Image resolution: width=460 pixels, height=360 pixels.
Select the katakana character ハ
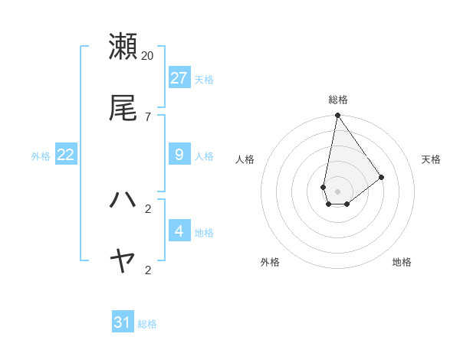[x=123, y=200]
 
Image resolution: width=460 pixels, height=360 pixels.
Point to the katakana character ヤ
[x=123, y=262]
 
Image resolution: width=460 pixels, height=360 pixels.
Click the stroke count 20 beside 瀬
[x=148, y=55]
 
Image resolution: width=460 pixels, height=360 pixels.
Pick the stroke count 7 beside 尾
[x=148, y=116]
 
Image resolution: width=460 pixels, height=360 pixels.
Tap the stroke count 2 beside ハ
[x=148, y=208]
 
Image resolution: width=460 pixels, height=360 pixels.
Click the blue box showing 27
[x=179, y=78]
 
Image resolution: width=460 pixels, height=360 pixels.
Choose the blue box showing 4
[x=179, y=231]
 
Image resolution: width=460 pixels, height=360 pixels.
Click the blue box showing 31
[x=123, y=322]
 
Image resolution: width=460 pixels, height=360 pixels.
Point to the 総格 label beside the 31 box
[x=147, y=324]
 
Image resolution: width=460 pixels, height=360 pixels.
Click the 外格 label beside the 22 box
[x=41, y=156]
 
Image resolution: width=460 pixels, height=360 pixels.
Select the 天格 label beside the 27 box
[x=204, y=79]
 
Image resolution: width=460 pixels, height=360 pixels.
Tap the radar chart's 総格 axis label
[x=338, y=100]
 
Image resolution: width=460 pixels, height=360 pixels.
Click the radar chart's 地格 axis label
[x=402, y=262]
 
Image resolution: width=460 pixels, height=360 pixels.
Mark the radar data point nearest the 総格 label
[x=337, y=116]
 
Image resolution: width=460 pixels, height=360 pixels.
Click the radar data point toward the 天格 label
[x=382, y=177]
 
